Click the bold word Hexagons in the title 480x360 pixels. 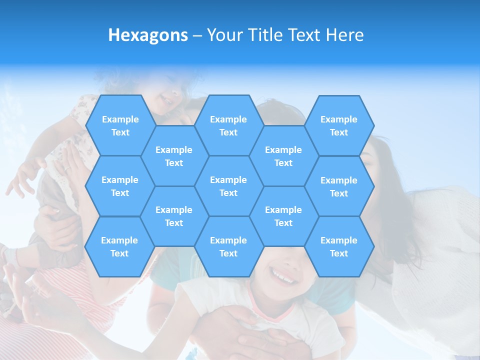point(148,35)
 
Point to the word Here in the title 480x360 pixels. point(344,35)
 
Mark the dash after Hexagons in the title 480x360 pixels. point(197,35)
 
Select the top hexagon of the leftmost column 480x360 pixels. point(120,125)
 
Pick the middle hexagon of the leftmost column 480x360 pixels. point(120,186)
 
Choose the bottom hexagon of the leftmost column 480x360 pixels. point(119,246)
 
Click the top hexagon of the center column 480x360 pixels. point(228,125)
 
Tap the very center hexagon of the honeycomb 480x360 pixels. point(228,186)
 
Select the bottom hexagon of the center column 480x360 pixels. point(228,246)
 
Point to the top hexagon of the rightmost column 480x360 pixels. point(339,125)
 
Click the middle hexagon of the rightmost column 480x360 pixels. point(339,186)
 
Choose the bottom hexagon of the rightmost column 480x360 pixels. point(339,246)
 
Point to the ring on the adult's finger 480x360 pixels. point(66,169)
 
